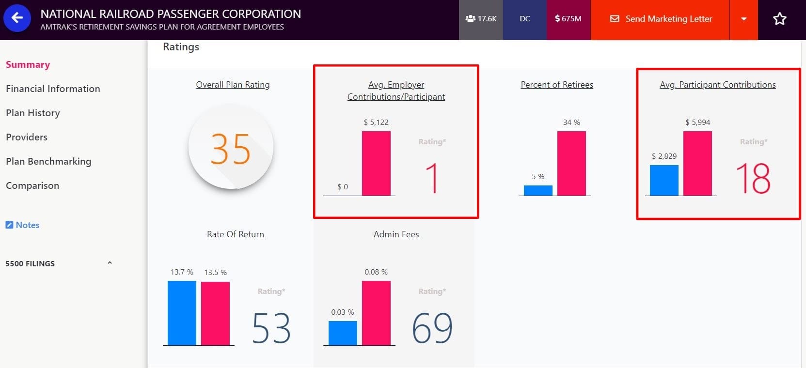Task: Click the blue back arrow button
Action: pyautogui.click(x=17, y=18)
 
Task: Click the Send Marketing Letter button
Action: pyautogui.click(x=661, y=19)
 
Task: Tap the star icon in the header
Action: pyautogui.click(x=779, y=19)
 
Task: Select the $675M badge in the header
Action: pyautogui.click(x=568, y=19)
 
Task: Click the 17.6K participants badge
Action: pyautogui.click(x=481, y=19)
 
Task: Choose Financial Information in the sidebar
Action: pyautogui.click(x=53, y=89)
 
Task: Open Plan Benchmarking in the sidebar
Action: pyautogui.click(x=48, y=161)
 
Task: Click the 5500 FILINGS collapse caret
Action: pyautogui.click(x=110, y=263)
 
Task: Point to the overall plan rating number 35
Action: pyautogui.click(x=231, y=149)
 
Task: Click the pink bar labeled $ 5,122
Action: pyautogui.click(x=376, y=163)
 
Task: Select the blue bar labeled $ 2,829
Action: pyautogui.click(x=664, y=180)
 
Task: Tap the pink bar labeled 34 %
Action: pyautogui.click(x=571, y=163)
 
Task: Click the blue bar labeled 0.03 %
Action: pyautogui.click(x=343, y=333)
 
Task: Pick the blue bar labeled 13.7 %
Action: pyautogui.click(x=182, y=313)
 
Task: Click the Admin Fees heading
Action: pyautogui.click(x=396, y=234)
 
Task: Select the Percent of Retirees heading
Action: pyautogui.click(x=557, y=85)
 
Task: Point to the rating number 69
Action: pyautogui.click(x=432, y=328)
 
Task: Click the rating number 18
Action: pyautogui.click(x=753, y=178)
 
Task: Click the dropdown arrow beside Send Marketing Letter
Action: pyautogui.click(x=743, y=19)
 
